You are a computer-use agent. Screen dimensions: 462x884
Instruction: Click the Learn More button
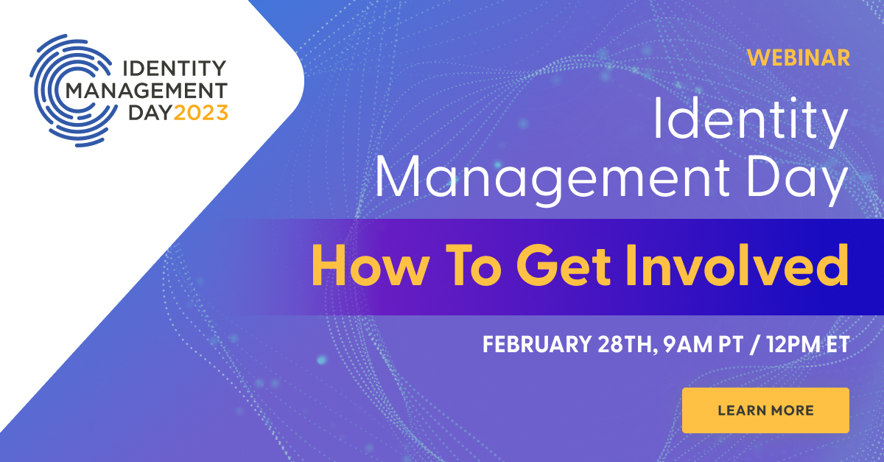[x=765, y=410]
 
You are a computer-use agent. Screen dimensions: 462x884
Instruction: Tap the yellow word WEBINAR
[x=799, y=57]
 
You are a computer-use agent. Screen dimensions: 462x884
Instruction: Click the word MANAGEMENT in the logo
[x=147, y=91]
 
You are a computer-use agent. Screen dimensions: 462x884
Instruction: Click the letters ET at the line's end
[x=837, y=344]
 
